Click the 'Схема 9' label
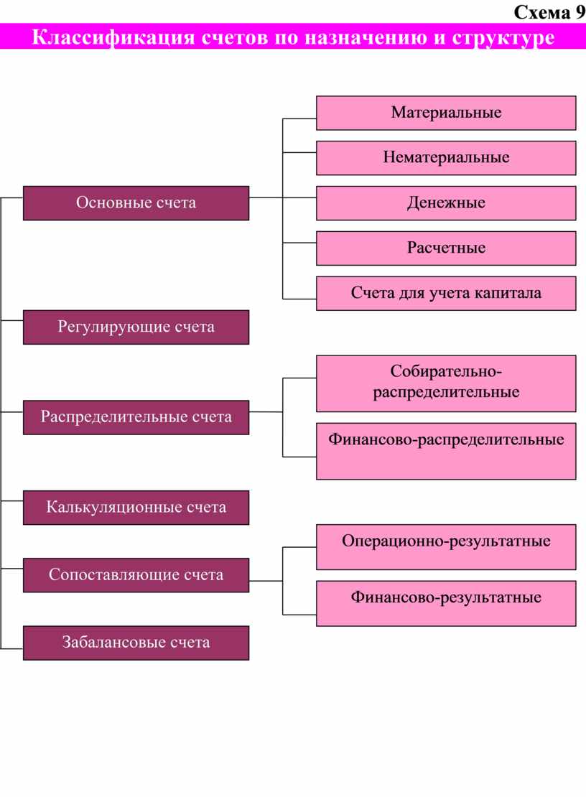549,11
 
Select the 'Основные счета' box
136,202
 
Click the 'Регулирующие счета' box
136,327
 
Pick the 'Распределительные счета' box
136,417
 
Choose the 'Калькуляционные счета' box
136,507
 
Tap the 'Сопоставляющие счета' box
136,575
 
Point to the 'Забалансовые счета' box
136,643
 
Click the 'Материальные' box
446,113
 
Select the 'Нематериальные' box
446,157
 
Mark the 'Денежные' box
446,202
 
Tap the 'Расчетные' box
446,248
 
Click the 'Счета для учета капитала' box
446,293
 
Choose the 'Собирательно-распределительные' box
446,383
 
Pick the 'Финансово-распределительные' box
446,451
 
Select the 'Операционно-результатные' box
446,547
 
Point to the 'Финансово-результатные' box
446,603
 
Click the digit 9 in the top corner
580,11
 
